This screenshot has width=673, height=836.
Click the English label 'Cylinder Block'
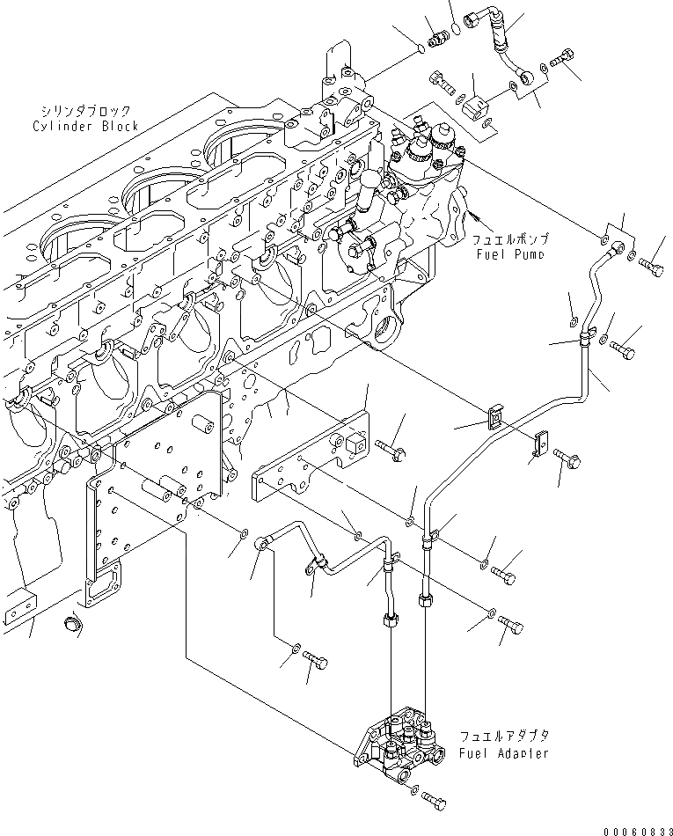pyautogui.click(x=85, y=127)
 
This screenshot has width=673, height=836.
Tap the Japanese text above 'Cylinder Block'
pyautogui.click(x=85, y=112)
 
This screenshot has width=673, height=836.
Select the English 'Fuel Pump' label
pyautogui.click(x=513, y=253)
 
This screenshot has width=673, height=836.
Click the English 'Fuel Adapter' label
pyautogui.click(x=504, y=753)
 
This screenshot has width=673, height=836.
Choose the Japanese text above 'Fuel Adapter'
pyautogui.click(x=504, y=737)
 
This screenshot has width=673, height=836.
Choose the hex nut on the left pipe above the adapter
pyautogui.click(x=389, y=621)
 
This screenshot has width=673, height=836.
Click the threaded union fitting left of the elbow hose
pyautogui.click(x=436, y=37)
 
